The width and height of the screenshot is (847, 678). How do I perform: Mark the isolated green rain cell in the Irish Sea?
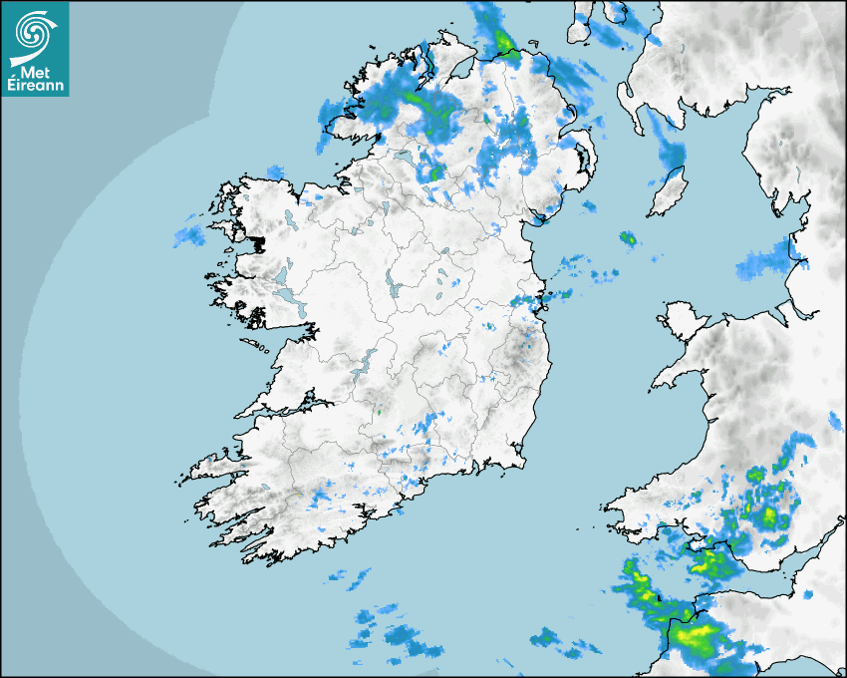pos(628,238)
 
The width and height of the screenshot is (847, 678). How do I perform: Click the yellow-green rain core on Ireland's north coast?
pos(503,42)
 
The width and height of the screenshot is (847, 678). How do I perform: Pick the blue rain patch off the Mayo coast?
pos(188,236)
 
